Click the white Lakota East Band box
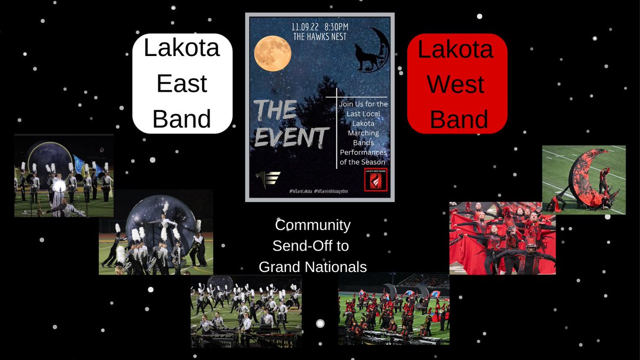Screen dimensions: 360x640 click(x=182, y=84)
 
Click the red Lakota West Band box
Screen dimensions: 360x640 click(x=457, y=84)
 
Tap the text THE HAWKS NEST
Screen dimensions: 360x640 click(x=320, y=36)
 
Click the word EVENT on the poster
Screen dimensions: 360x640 click(x=290, y=137)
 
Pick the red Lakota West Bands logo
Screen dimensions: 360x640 click(x=375, y=179)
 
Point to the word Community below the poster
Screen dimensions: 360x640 click(x=313, y=226)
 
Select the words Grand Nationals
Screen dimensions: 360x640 click(x=313, y=267)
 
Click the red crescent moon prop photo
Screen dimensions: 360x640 click(x=583, y=180)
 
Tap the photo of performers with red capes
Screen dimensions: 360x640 click(x=502, y=238)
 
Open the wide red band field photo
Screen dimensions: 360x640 click(x=394, y=309)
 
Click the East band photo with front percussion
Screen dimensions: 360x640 click(x=246, y=311)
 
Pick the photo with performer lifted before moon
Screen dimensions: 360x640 click(x=156, y=232)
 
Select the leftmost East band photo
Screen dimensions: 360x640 click(x=63, y=175)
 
